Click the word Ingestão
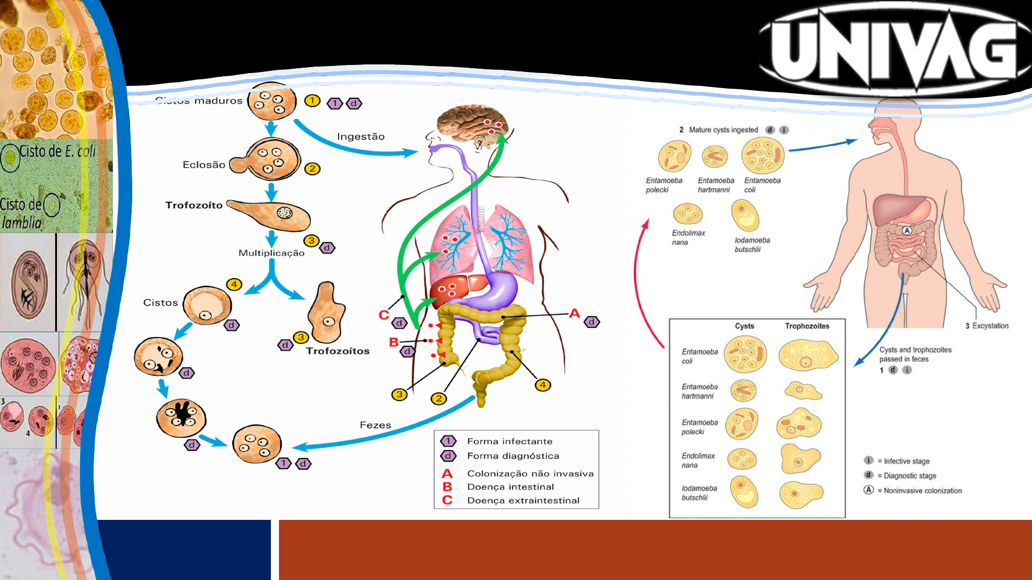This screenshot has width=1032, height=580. (361, 136)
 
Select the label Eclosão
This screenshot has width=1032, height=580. (204, 165)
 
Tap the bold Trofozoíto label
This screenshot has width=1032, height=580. (193, 205)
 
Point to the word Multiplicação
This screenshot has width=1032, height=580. (271, 253)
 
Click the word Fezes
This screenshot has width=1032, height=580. (375, 425)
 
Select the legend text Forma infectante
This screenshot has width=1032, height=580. (510, 441)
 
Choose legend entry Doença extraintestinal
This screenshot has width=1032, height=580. (523, 501)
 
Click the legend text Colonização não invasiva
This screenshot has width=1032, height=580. (530, 474)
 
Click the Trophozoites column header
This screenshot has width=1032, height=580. (807, 326)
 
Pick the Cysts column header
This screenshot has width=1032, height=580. (744, 326)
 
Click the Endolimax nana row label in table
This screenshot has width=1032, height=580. (698, 460)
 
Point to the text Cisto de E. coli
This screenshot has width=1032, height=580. (58, 151)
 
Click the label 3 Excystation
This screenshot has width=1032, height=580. (987, 326)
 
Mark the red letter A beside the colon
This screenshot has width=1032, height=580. (575, 313)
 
